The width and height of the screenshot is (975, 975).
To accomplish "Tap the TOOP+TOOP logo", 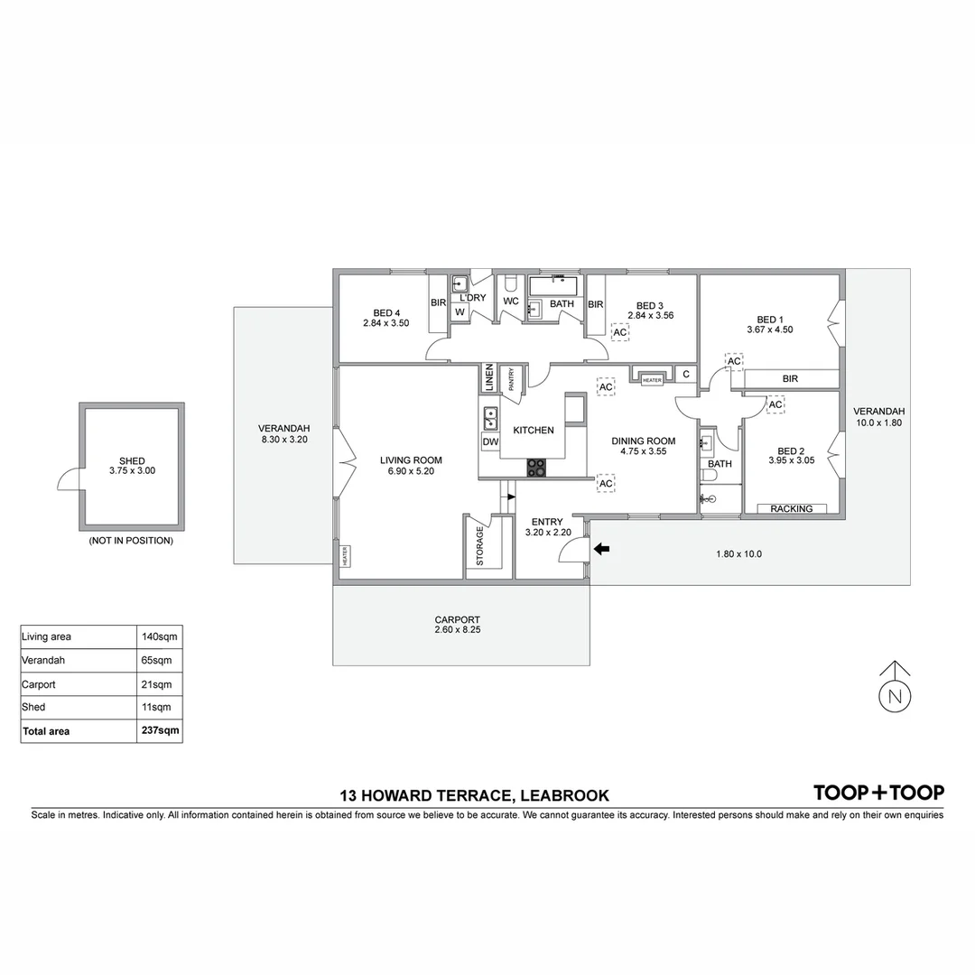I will tap(878, 793).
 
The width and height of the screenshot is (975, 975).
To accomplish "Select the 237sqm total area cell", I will tap(160, 731).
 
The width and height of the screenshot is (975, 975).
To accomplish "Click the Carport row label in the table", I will tap(39, 684).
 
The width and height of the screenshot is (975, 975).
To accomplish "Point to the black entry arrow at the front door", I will tap(601, 548).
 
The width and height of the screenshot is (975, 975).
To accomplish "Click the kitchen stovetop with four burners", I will tap(536, 468).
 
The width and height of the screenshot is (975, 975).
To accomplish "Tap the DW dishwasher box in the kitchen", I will tap(490, 442).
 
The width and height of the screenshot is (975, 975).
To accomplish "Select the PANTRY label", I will tap(511, 379).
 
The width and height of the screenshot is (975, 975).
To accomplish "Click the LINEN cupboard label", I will tap(488, 377).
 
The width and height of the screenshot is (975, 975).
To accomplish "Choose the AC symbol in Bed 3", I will tap(620, 332).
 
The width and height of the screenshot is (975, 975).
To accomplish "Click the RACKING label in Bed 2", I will tap(791, 509).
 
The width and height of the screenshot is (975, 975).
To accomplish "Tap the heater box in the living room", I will tap(345, 555).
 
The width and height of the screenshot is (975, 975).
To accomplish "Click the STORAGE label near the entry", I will tap(479, 545).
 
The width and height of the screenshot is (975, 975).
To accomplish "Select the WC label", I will tap(510, 302).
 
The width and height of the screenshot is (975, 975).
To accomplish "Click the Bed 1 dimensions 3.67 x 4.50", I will tap(769, 330).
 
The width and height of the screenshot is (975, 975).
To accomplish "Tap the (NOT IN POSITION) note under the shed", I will tap(131, 541).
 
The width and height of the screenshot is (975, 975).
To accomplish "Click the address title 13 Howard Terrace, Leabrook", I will tap(474, 795).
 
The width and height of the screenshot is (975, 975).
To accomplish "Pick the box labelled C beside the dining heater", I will tap(686, 375).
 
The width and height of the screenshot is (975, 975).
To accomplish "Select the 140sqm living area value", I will tap(160, 636).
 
